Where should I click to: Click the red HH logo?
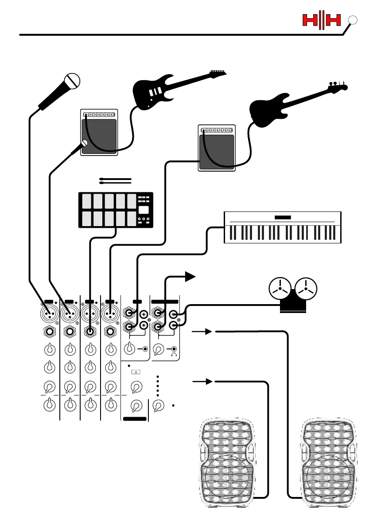(x=322, y=20)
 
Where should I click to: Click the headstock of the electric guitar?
(x=218, y=73)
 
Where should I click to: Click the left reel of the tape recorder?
(x=280, y=289)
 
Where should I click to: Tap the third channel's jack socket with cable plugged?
(x=90, y=331)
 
